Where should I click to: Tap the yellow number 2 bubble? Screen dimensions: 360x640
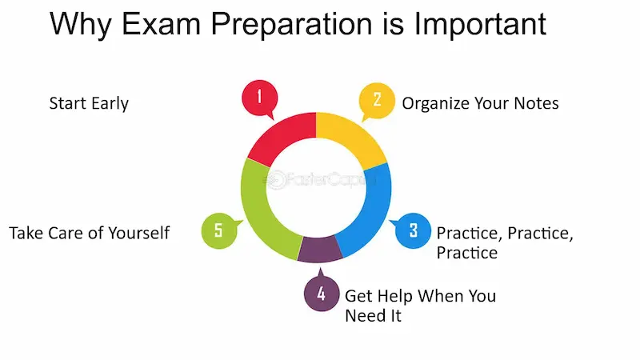tap(377, 100)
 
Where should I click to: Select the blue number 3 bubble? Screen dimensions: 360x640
tap(413, 230)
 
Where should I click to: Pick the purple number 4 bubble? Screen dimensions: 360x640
tap(321, 294)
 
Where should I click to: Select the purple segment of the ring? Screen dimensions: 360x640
tap(320, 250)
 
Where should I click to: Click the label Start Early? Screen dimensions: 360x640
tap(89, 103)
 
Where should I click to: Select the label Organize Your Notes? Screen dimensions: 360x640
tap(480, 103)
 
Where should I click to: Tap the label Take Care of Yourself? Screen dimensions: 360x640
tap(90, 233)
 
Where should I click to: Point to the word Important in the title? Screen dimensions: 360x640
tap(478, 24)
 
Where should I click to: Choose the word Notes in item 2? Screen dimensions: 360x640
tap(536, 103)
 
